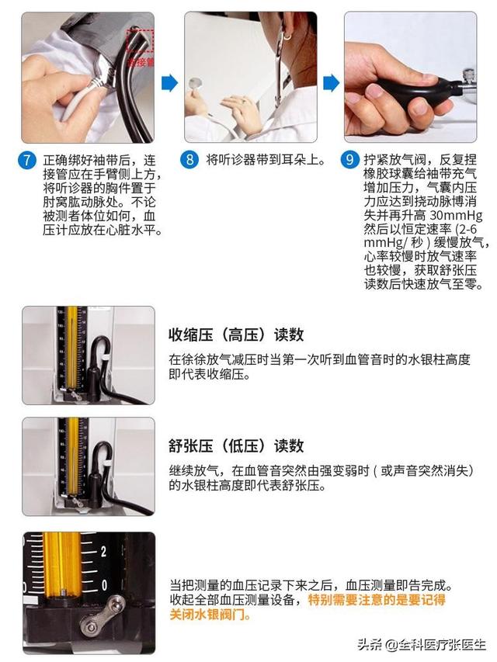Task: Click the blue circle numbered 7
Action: [x=27, y=160]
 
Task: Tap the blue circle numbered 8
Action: [x=189, y=160]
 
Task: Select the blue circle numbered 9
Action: [x=350, y=160]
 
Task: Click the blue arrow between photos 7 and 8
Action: [x=169, y=83]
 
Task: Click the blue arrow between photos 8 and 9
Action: [x=331, y=83]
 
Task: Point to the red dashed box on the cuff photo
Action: [x=140, y=41]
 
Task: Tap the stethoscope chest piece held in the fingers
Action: [x=195, y=83]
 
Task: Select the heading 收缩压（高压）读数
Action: [x=236, y=334]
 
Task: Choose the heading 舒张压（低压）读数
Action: [x=236, y=445]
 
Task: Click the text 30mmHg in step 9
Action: [x=456, y=215]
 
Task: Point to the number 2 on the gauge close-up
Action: [x=103, y=552]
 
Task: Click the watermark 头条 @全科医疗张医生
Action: [x=421, y=644]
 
